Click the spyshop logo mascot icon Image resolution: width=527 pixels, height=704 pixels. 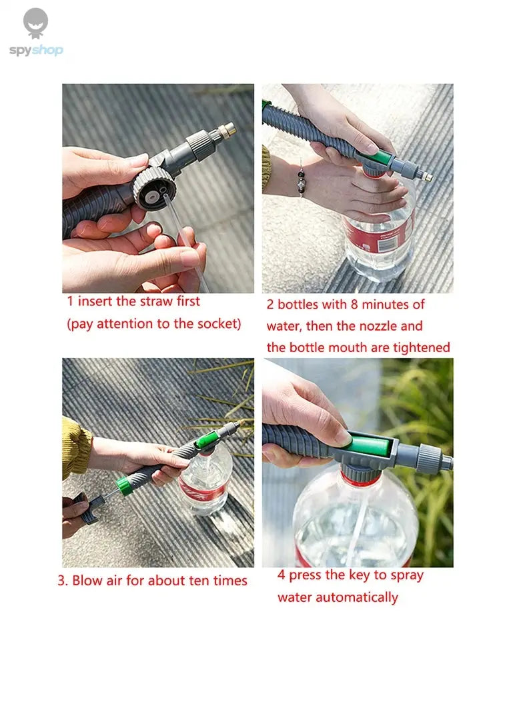pos(35,23)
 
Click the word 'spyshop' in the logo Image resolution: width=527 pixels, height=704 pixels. pos(36,51)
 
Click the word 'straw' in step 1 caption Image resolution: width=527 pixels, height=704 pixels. pos(155,301)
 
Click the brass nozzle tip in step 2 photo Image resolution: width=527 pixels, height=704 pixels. pos(426,177)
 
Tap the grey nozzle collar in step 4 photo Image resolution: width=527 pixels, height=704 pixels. pos(429,459)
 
